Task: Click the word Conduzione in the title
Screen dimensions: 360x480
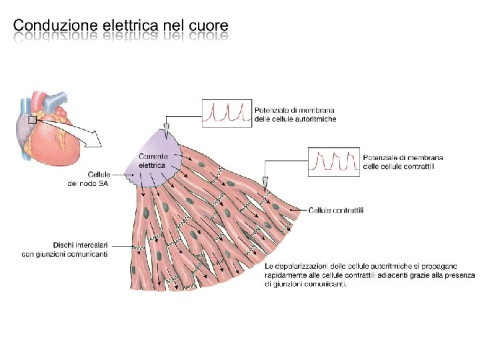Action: (x=55, y=25)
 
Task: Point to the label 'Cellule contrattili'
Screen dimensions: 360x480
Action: (x=336, y=210)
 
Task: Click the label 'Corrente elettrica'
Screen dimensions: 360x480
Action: (x=153, y=160)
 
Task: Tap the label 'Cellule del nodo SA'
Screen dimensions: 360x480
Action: (x=92, y=179)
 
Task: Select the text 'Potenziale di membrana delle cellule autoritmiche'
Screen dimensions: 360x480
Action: (x=294, y=114)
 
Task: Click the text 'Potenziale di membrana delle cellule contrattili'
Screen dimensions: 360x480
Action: (x=403, y=162)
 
